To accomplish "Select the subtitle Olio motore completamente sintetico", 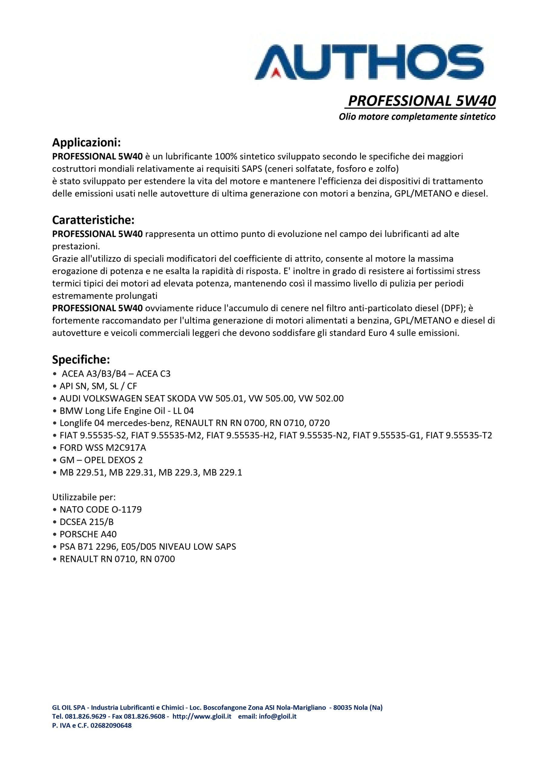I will [417, 117].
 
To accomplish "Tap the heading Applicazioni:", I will [86, 143].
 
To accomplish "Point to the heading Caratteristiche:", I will [93, 220].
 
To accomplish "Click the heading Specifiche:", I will [81, 360].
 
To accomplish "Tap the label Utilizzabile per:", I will [84, 497].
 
